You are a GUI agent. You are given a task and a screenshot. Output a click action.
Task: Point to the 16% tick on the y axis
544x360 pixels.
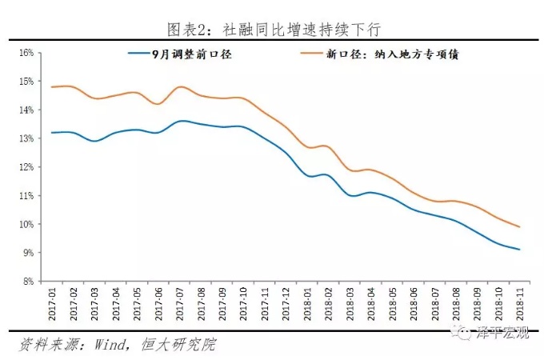coord(26,53)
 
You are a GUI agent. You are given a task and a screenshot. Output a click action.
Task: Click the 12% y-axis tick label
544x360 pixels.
coord(26,167)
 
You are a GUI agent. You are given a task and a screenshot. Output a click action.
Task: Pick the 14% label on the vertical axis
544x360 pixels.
coord(26,110)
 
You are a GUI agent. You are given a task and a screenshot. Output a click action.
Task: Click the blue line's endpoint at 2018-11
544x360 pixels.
coord(520,250)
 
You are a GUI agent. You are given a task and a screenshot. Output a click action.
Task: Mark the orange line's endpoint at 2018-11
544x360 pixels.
coord(520,227)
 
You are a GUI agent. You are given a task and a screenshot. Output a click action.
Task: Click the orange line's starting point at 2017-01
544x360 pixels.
coord(52,86)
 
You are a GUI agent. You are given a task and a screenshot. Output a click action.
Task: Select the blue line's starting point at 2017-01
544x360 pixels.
coord(52,133)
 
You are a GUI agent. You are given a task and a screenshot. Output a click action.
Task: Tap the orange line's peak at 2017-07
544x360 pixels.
coord(181,86)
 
